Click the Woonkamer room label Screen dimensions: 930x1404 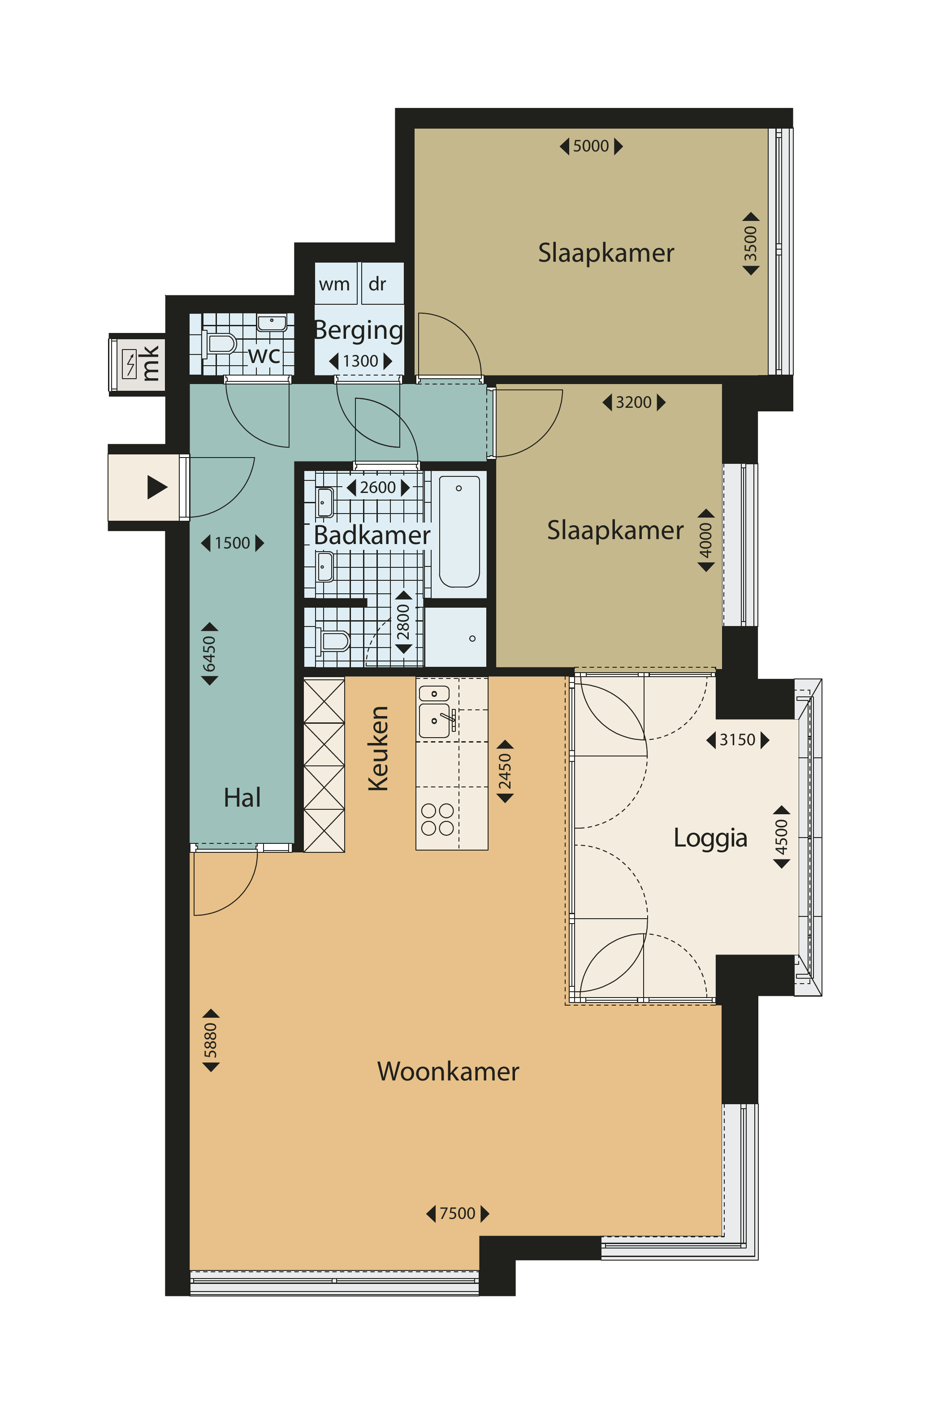[448, 1071]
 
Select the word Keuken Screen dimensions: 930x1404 [378, 748]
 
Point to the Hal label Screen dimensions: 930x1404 [242, 798]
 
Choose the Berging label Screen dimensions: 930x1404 [358, 330]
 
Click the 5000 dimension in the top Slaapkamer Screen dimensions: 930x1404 [591, 146]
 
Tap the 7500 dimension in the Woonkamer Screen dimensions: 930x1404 [457, 1213]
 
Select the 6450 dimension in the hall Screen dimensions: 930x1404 [209, 654]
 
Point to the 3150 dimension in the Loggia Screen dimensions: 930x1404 [737, 740]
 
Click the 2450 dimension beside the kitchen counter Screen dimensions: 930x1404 [505, 771]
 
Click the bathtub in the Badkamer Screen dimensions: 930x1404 [459, 531]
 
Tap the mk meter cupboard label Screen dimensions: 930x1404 [150, 363]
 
